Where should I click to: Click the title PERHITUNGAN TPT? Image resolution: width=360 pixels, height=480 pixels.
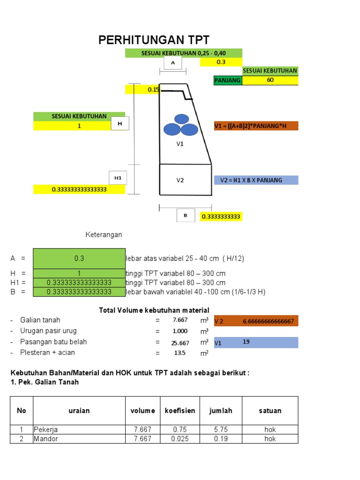tap(154, 40)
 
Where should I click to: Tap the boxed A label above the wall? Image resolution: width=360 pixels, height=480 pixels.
tap(173, 63)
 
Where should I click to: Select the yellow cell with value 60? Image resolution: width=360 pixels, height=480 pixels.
tap(270, 80)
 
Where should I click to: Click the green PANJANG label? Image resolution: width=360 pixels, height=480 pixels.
tap(228, 80)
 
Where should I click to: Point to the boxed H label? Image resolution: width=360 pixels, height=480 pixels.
tap(120, 124)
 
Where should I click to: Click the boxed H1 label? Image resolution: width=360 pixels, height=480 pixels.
tap(118, 178)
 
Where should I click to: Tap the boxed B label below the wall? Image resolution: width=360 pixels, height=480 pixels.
tap(186, 216)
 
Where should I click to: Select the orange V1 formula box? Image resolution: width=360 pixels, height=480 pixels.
tap(255, 126)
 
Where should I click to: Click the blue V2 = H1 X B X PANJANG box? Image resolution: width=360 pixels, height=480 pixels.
tap(255, 180)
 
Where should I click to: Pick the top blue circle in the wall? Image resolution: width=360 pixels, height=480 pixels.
tap(181, 119)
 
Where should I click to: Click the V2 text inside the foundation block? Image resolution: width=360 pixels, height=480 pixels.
tap(180, 180)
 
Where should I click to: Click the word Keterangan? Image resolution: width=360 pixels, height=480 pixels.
tap(103, 234)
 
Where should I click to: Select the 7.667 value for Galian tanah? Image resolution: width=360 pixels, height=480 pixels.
tap(180, 320)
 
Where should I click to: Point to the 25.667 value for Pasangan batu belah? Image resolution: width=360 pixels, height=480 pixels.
tap(180, 343)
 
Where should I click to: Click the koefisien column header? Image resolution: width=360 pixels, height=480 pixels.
tap(180, 411)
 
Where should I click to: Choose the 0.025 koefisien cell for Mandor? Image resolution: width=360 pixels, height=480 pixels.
tap(180, 439)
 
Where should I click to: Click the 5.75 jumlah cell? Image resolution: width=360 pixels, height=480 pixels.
tap(220, 429)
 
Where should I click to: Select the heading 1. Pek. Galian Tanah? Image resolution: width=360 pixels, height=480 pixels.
tap(45, 382)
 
